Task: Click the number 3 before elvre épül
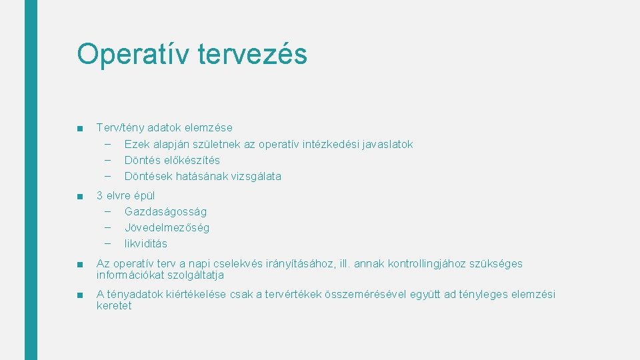100,195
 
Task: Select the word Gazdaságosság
165,211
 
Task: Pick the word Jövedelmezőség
167,227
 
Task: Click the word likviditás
146,243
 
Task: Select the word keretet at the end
114,305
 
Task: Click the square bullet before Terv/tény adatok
80,128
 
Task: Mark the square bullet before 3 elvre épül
80,196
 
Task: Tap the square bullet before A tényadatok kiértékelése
80,295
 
